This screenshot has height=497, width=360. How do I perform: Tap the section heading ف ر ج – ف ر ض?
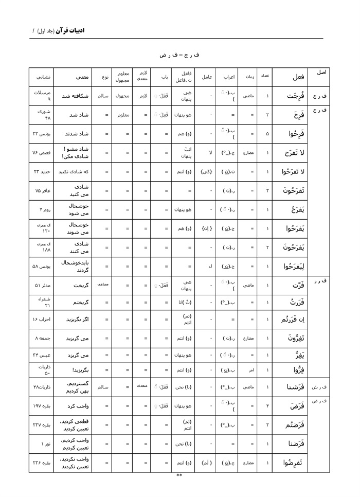(x=179, y=54)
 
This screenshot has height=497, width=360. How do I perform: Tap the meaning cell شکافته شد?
(x=76, y=96)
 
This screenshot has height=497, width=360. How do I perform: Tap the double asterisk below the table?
(x=179, y=475)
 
